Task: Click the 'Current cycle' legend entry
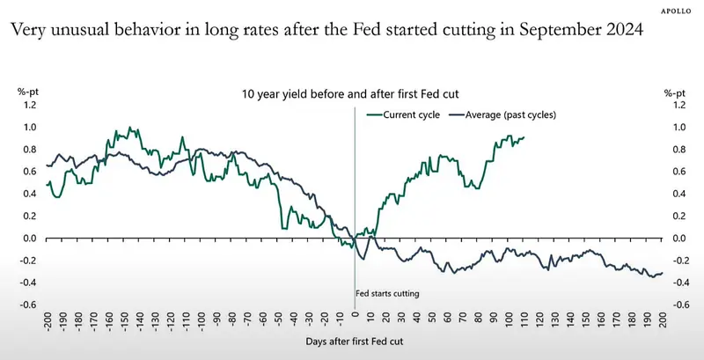coord(403,115)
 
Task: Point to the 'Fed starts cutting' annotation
coord(387,294)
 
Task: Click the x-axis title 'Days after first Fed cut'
coord(355,342)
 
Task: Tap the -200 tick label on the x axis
coord(48,320)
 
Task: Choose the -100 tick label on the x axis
coord(202,320)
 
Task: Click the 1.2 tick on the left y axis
coord(29,105)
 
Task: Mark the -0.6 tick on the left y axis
coord(27,305)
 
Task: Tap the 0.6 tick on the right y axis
coord(680,172)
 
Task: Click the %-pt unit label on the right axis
coord(675,93)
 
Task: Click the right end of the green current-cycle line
coord(524,137)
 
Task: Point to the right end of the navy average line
coord(663,273)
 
